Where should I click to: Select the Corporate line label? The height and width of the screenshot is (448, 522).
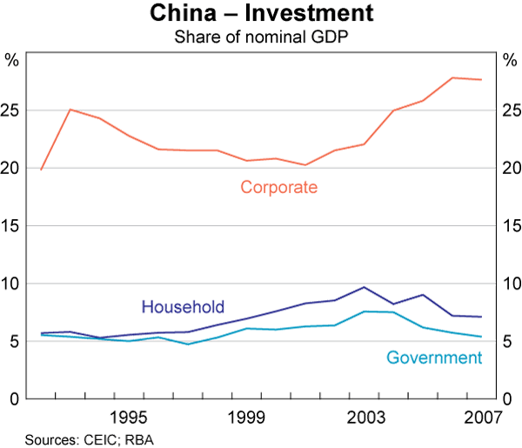click(x=278, y=187)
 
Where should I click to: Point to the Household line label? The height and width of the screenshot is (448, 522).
click(x=183, y=306)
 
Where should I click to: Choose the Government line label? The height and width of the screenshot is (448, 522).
click(x=433, y=358)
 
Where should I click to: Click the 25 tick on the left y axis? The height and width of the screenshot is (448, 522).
click(x=12, y=110)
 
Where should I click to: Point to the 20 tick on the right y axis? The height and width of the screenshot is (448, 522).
click(x=511, y=168)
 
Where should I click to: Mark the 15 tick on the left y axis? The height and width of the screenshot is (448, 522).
click(x=12, y=225)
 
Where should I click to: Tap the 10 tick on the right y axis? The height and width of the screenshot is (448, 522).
click(x=511, y=284)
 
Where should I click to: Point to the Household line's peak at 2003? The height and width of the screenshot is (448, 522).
click(x=365, y=287)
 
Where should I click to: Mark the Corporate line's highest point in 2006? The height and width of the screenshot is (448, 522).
click(x=452, y=77)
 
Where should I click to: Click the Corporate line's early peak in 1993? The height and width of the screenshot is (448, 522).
click(x=70, y=110)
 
